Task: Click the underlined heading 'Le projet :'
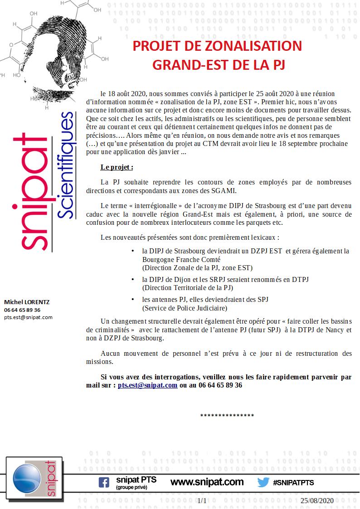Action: click(x=117, y=167)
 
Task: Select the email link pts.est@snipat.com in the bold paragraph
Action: click(x=147, y=385)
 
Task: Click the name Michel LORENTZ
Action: click(x=27, y=302)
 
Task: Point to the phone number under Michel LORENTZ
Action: click(x=22, y=310)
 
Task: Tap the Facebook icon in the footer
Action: click(x=104, y=482)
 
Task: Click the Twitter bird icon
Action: click(x=263, y=482)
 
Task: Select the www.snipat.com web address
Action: click(x=207, y=482)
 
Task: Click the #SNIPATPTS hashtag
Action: click(x=293, y=483)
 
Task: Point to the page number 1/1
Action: click(x=202, y=500)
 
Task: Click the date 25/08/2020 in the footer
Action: click(x=317, y=500)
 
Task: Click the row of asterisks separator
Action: click(x=227, y=416)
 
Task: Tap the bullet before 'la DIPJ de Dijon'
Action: click(x=132, y=280)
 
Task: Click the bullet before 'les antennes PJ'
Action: click(x=132, y=300)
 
